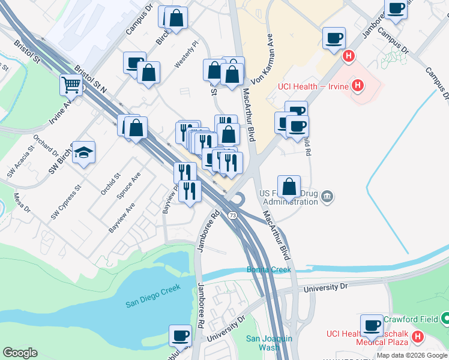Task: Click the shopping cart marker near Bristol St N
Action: (x=71, y=85)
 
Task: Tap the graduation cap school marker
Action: (x=84, y=152)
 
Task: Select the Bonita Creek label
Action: (x=268, y=270)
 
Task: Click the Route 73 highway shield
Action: (x=232, y=215)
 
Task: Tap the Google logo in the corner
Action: (x=20, y=353)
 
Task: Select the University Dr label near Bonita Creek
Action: (x=326, y=288)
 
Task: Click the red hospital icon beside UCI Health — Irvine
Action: (x=358, y=86)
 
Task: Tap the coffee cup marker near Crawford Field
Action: (x=372, y=325)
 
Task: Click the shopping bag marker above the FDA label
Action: (x=289, y=186)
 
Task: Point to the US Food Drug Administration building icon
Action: (x=327, y=196)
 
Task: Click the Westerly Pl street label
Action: (x=185, y=55)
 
